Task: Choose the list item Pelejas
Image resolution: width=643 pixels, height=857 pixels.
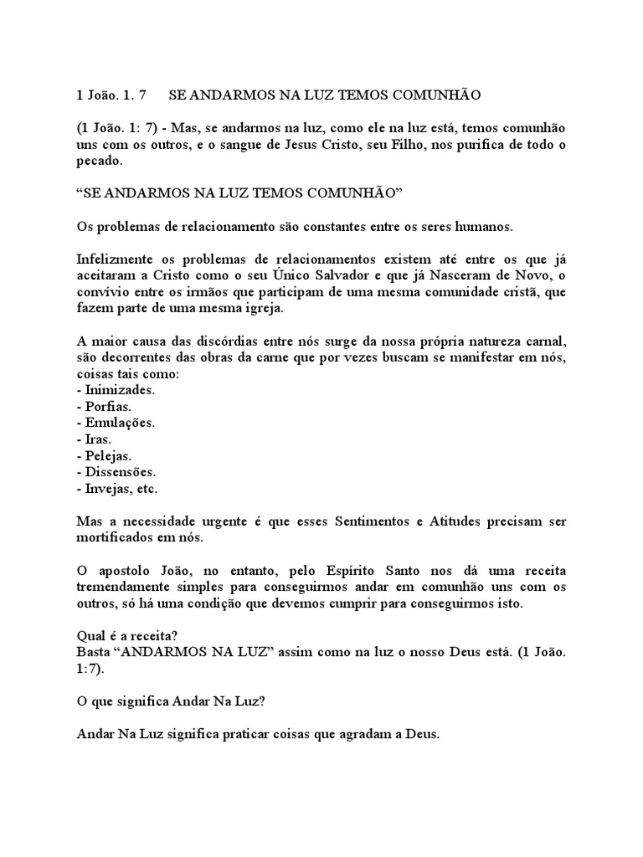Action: [105, 456]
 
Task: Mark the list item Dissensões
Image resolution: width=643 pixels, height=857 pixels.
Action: [116, 472]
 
